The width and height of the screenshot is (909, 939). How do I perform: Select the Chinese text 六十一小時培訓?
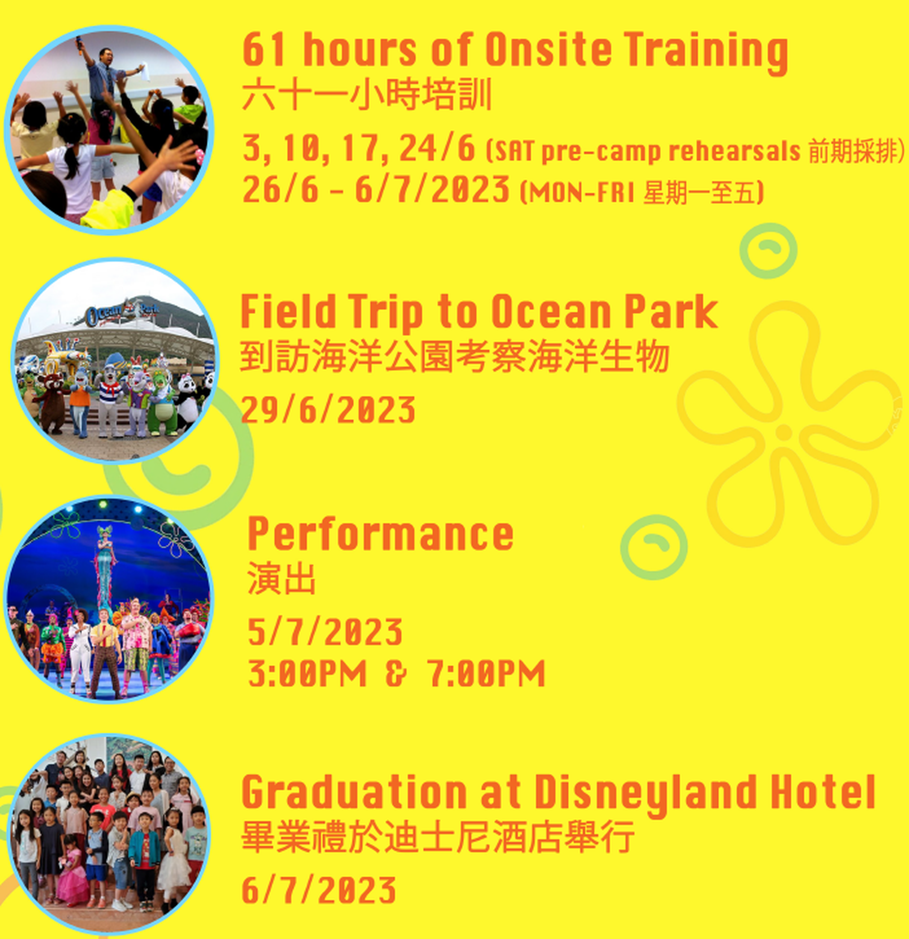[x=367, y=95]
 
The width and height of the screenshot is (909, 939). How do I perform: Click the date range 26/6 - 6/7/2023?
[x=375, y=189]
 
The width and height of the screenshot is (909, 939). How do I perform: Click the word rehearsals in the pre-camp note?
[x=734, y=150]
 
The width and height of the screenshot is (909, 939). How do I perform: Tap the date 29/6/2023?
[x=328, y=410]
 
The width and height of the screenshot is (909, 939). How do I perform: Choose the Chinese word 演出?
[x=281, y=579]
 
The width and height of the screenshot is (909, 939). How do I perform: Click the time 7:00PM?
[x=486, y=673]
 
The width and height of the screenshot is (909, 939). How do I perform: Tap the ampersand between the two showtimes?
[x=396, y=673]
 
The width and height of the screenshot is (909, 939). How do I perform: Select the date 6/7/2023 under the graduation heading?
[x=319, y=890]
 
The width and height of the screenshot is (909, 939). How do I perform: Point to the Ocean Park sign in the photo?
[x=122, y=312]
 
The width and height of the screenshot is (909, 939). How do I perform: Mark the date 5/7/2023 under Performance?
[x=325, y=631]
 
